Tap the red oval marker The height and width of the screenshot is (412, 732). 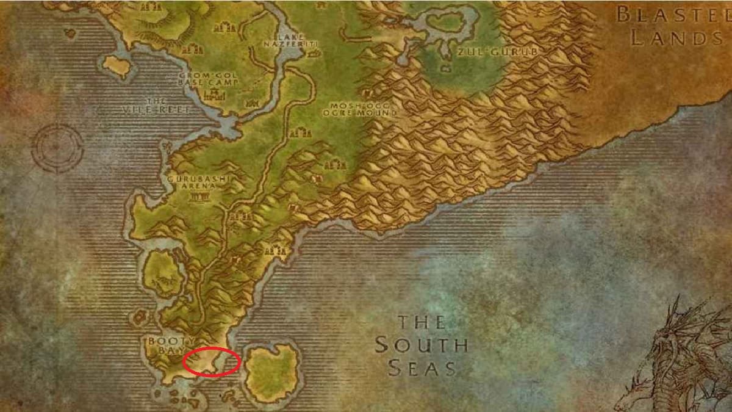211,361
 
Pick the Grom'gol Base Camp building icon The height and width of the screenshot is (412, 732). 213,95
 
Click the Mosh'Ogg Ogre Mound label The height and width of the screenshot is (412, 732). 361,109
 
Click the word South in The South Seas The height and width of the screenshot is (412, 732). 421,345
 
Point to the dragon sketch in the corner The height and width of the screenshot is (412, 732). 683,360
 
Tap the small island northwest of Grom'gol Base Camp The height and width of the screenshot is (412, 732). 117,65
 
